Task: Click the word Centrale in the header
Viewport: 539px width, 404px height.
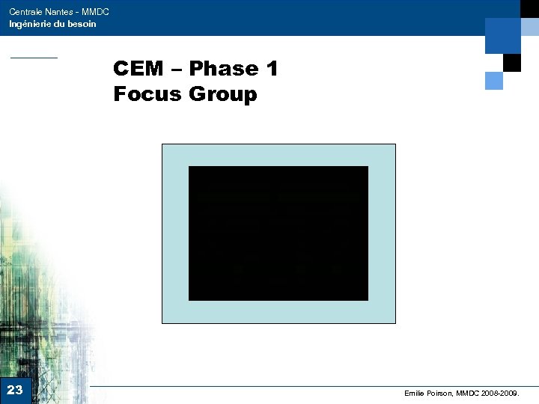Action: [25, 12]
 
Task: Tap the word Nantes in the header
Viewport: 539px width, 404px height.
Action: [60, 12]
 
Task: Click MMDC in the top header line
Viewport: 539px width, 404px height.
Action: [96, 12]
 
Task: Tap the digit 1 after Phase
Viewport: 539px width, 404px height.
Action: [271, 69]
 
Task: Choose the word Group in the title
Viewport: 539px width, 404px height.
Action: [223, 94]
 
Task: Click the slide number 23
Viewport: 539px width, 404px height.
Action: [15, 390]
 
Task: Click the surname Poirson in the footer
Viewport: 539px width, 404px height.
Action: [443, 393]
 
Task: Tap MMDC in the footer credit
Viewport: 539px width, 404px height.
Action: [469, 393]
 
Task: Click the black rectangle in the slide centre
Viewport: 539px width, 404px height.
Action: [278, 233]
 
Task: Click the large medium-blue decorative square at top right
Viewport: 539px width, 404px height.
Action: [502, 35]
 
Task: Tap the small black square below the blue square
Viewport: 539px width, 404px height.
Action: [512, 63]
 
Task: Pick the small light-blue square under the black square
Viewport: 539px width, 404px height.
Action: [494, 80]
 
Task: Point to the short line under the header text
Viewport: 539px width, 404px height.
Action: [34, 58]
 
